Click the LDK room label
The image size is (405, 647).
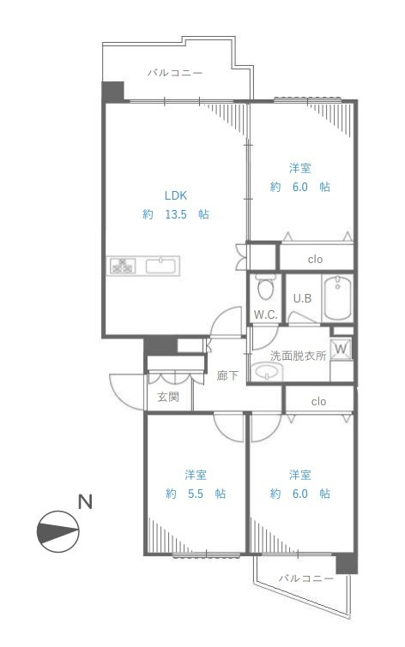click(176, 195)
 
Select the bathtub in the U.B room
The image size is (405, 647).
click(337, 297)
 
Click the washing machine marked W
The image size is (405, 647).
click(341, 349)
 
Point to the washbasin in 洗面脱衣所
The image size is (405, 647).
click(267, 372)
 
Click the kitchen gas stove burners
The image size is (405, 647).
click(123, 266)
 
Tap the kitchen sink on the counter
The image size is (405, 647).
click(162, 266)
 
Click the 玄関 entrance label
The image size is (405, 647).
click(168, 397)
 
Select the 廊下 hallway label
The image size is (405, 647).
click(227, 375)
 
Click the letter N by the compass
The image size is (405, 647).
click(85, 502)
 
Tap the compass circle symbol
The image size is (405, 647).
click(57, 531)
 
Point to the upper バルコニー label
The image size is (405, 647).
click(175, 73)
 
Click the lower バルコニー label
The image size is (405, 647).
click(305, 578)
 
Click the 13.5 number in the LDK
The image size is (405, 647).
click(176, 214)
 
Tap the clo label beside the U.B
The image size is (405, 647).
click(315, 259)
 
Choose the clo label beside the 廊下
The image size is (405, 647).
click(318, 401)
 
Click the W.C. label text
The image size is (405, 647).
click(265, 315)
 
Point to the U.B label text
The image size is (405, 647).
click(302, 298)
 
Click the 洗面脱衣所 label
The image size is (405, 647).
click(299, 356)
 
